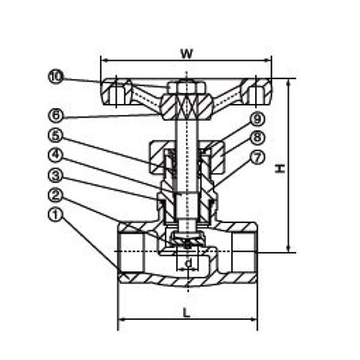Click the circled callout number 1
56,215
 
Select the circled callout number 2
56,195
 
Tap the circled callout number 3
56,175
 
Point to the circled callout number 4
56,155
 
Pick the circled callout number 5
56,135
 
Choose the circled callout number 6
56,115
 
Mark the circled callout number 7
258,158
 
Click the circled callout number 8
258,138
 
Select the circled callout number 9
258,118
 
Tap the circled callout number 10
56,77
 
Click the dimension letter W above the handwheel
186,54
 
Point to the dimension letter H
280,168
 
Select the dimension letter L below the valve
186,312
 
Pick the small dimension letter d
188,263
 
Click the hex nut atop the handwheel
187,87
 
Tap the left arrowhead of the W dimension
104,61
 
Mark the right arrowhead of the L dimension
254,318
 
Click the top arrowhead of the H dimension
288,82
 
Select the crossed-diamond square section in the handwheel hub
186,107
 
